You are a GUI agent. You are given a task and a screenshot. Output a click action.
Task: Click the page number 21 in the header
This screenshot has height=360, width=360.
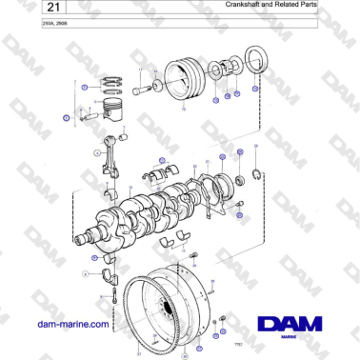click(25, 10)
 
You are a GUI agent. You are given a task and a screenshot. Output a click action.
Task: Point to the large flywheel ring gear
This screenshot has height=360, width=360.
click(171, 305)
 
